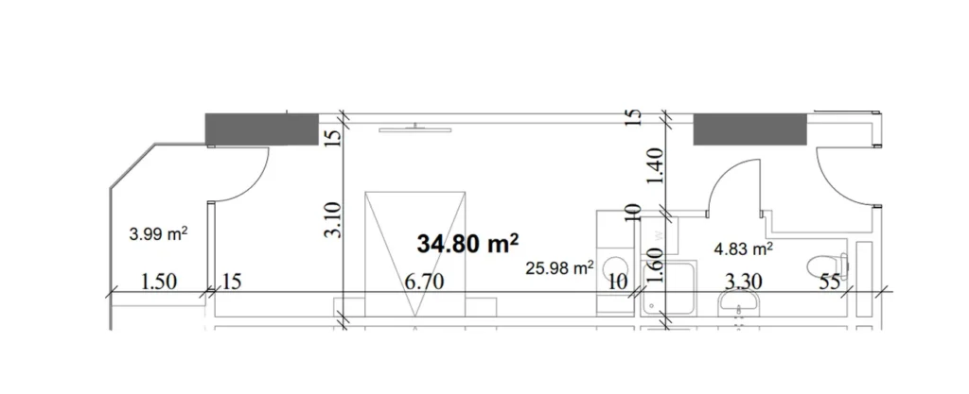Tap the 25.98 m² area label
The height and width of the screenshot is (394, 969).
click(559, 268)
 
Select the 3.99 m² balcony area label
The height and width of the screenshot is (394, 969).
click(157, 232)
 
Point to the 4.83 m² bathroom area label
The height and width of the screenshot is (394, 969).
click(743, 249)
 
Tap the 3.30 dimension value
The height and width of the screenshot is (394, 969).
click(745, 282)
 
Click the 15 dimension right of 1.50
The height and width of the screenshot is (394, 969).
click(232, 282)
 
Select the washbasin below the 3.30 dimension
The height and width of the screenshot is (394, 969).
click(738, 305)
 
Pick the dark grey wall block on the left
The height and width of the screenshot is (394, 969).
click(261, 128)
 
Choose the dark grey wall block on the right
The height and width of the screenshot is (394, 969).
click(749, 128)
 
